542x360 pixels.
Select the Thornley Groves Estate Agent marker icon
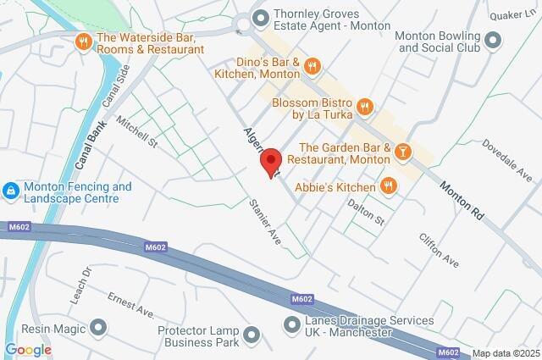point(261,17)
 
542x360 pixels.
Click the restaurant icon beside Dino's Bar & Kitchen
point(312,66)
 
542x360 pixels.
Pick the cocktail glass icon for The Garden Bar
point(403,152)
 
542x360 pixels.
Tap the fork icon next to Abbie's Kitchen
point(388,186)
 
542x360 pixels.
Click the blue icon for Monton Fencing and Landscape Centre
point(11,191)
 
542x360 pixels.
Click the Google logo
point(28,349)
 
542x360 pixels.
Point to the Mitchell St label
point(138,132)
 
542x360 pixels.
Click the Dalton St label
point(369,213)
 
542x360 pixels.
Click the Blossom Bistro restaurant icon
point(365,106)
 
